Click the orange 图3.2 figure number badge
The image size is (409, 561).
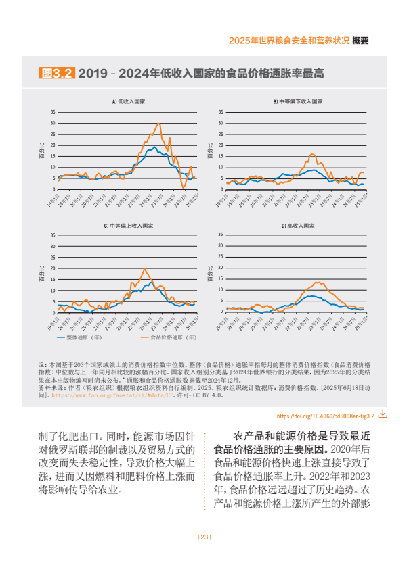pos(58,73)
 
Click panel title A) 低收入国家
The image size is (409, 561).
pos(129,101)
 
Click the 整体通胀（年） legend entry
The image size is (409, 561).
pos(80,336)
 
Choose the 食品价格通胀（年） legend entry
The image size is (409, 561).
pos(169,336)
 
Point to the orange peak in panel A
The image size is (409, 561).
pos(159,123)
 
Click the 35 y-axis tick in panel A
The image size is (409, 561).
pos(53,112)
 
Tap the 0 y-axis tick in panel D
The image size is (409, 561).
pos(221,312)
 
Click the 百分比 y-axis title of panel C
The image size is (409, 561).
pos(42,273)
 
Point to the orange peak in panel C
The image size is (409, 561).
pos(144,269)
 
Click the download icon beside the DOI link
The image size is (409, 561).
pos(383,412)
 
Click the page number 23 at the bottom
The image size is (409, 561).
pos(204,537)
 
